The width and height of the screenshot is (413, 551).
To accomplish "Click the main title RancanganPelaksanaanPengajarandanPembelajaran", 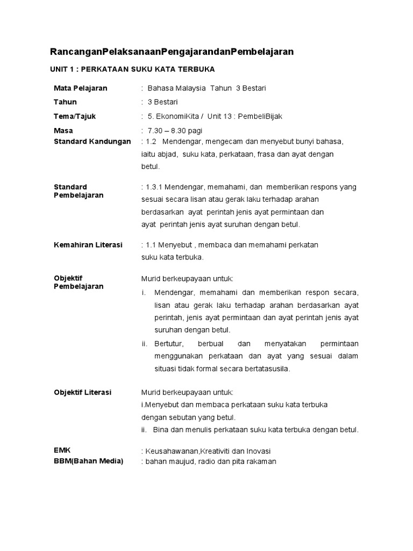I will [x=172, y=52].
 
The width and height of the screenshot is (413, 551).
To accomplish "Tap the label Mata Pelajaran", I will [x=81, y=88].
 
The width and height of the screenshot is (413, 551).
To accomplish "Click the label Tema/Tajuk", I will [x=75, y=116].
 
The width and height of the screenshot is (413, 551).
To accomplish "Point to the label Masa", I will [x=63, y=131].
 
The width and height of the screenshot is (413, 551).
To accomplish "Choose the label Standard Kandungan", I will [x=92, y=142].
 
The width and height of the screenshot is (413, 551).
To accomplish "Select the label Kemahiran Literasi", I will [x=88, y=245].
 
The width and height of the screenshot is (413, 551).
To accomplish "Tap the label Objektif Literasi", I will [x=82, y=392].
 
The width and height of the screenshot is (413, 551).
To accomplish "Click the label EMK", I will [x=62, y=450].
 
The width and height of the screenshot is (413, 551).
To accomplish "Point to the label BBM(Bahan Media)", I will [x=88, y=461].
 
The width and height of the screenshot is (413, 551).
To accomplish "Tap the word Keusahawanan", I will [x=173, y=450].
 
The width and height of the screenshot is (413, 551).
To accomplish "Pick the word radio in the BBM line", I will [x=206, y=462].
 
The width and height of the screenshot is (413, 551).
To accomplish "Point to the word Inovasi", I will [x=258, y=450].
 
